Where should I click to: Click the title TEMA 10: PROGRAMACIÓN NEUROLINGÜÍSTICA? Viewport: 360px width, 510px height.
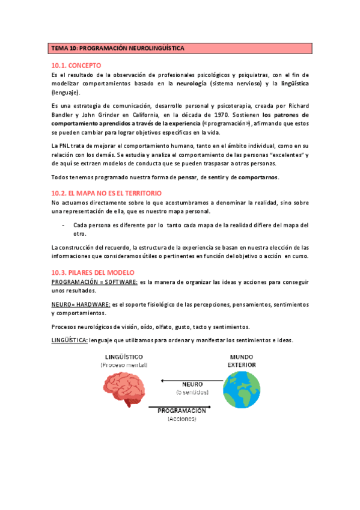(118, 48)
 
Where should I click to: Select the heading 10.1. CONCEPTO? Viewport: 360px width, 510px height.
(76, 65)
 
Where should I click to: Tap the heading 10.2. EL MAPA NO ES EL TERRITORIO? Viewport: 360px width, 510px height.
(106, 193)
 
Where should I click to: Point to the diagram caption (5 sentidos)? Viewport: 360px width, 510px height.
(192, 392)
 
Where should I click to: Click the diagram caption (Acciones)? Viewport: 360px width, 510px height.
(182, 419)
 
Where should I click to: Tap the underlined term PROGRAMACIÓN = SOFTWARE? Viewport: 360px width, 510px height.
(94, 281)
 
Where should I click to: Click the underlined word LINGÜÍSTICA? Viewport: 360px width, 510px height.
(70, 340)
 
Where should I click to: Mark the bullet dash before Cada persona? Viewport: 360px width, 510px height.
(64, 225)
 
